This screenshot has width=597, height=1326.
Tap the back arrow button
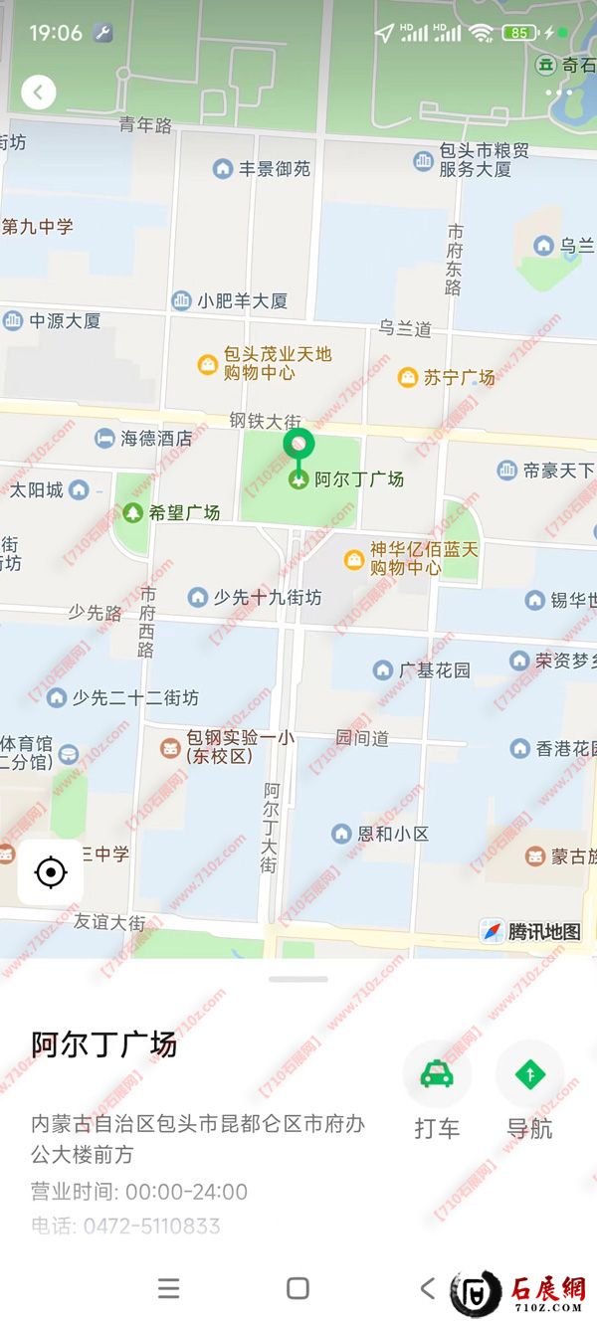38,93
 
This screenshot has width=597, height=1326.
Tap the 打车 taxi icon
436,1075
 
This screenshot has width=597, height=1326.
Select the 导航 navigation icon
529,1075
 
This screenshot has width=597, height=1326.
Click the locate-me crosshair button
50,872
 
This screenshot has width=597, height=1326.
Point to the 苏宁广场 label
458,377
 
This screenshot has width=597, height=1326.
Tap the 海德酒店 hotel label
156,438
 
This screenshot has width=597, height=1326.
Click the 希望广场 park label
183,513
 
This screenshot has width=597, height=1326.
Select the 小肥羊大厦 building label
242,300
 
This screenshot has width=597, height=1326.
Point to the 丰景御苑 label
274,169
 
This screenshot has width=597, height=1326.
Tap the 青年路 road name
145,124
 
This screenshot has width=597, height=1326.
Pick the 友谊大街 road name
109,922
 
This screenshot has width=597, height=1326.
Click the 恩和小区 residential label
393,834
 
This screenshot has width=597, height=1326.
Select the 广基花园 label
434,670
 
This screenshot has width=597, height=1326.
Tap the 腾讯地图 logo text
543,932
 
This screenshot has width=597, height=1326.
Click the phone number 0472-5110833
151,1226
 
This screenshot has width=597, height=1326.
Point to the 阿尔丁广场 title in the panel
104,1044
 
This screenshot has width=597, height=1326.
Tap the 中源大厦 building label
65,321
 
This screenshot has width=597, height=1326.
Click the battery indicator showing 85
519,33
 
